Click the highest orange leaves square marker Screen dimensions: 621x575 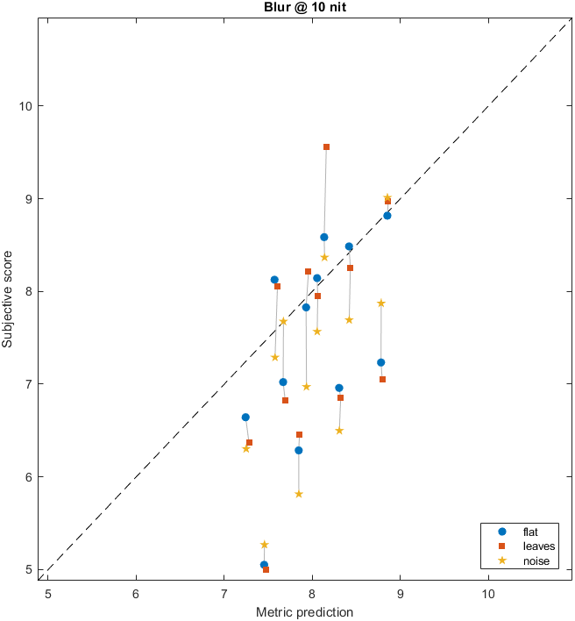click(x=326, y=147)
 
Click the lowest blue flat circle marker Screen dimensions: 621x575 click(x=264, y=565)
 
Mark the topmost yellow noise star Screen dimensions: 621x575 click(x=387, y=198)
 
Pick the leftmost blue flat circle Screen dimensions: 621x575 click(x=245, y=418)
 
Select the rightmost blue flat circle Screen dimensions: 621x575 click(x=387, y=216)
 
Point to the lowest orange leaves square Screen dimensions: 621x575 click(x=266, y=569)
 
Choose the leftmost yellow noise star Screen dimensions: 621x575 click(x=246, y=449)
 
